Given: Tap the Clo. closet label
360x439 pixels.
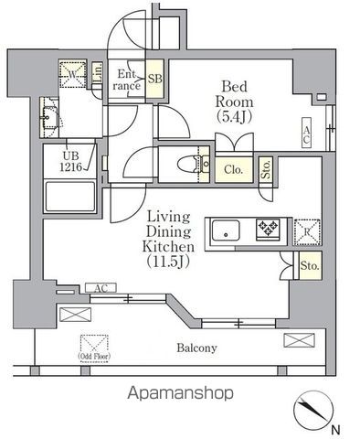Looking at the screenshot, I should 232,168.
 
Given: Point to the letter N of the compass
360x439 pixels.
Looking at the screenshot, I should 335,429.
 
